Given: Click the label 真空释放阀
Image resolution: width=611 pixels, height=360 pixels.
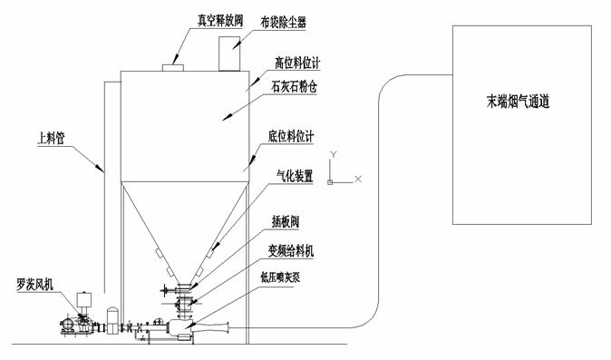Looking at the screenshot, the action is pos(220,20).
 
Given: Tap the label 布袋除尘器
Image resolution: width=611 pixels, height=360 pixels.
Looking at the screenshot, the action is pos(283,23).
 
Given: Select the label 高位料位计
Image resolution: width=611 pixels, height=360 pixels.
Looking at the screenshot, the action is pos(297,63).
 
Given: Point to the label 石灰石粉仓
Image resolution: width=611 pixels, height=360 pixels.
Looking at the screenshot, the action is pos(295,86).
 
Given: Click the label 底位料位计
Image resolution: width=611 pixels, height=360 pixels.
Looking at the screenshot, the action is pos(291,136).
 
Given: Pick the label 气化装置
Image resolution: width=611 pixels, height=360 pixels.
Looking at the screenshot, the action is pos(295,176).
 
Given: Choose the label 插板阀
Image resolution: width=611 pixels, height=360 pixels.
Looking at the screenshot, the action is pos(286,221).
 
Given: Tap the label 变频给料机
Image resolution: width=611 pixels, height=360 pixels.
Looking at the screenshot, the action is pos(291,250).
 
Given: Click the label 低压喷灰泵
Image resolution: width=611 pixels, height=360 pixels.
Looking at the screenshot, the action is pos(280,277).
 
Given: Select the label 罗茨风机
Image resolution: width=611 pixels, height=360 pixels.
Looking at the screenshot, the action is pos(35,285).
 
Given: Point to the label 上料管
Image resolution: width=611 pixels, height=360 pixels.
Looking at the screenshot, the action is pos(51,139).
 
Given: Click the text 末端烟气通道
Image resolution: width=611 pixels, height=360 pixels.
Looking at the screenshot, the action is pos(518,102).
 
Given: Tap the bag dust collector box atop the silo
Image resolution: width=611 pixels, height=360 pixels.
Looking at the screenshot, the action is pos(229,54).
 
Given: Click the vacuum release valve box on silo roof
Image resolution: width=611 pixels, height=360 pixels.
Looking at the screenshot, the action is pos(172,68).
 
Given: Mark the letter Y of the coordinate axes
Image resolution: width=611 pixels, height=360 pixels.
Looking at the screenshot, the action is pos(334,154).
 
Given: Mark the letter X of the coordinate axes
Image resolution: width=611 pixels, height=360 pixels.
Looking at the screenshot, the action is pos(358,179).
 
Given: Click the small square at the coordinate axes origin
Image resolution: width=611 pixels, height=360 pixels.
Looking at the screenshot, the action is pos(330,182).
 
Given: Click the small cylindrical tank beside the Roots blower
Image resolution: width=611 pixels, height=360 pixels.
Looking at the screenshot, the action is pos(112,320).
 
